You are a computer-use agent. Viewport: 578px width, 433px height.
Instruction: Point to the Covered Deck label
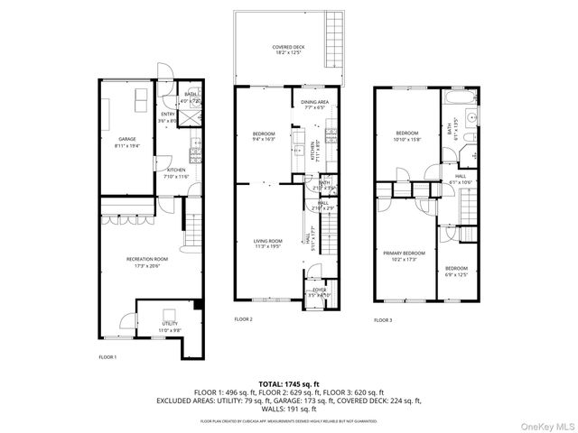tap(288, 51)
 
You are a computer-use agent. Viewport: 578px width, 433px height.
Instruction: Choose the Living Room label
tap(267, 244)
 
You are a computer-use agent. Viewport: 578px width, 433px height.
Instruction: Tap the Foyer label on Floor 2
tap(320, 291)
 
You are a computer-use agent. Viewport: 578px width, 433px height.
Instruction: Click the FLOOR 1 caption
tap(108, 358)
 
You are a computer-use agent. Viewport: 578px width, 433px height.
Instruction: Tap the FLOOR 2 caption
tap(244, 319)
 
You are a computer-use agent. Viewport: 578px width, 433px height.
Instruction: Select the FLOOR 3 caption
tap(384, 319)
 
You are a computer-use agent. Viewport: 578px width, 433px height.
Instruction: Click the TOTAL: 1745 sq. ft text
tap(288, 384)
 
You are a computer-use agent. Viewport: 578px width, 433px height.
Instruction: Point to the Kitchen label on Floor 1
tap(176, 172)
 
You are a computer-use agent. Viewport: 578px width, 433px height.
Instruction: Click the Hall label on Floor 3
tap(460, 179)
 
